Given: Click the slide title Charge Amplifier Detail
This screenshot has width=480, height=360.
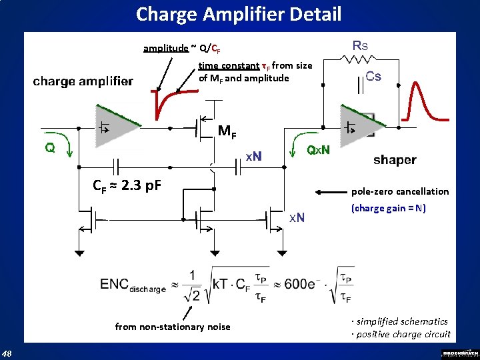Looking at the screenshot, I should [x=239, y=14].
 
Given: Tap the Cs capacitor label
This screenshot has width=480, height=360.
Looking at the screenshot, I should [x=373, y=76].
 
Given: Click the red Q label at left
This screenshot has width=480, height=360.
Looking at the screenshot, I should [x=50, y=147].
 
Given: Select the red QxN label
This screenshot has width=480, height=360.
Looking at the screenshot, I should [x=317, y=150].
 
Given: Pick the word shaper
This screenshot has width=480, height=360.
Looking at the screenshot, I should [x=395, y=159].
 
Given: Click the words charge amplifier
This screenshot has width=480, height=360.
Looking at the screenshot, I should [x=83, y=81].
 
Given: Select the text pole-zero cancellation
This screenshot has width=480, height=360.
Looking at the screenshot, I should [x=400, y=191].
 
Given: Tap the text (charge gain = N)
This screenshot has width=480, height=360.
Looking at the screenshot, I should [x=388, y=208].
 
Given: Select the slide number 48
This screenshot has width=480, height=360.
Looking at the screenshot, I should [x=7, y=353].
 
